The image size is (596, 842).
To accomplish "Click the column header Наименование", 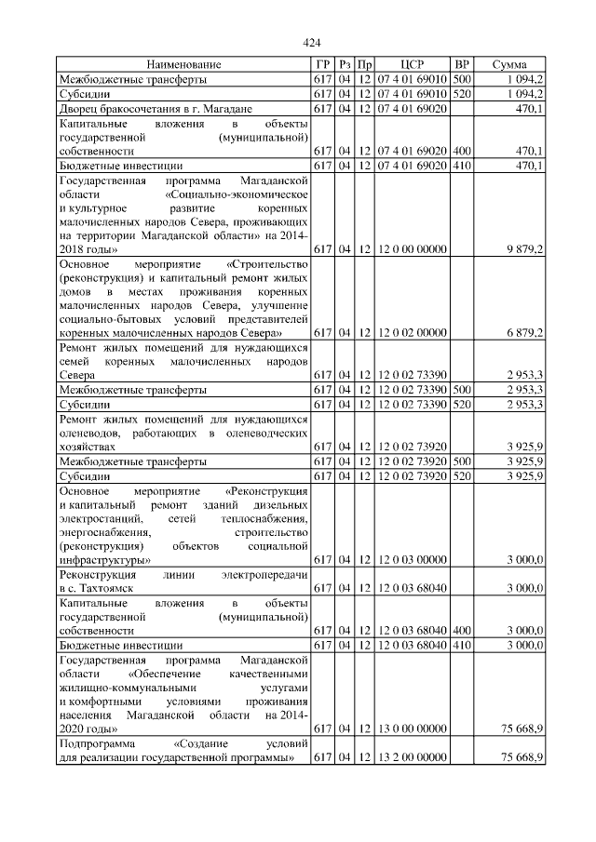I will (183, 65).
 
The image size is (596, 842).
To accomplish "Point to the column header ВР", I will (462, 65).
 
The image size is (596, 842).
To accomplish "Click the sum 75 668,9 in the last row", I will (521, 759).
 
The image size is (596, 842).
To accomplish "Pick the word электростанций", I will (100, 517).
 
